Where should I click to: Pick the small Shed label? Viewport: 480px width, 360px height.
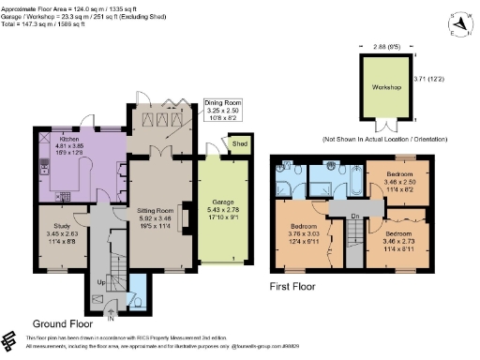[239, 144]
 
